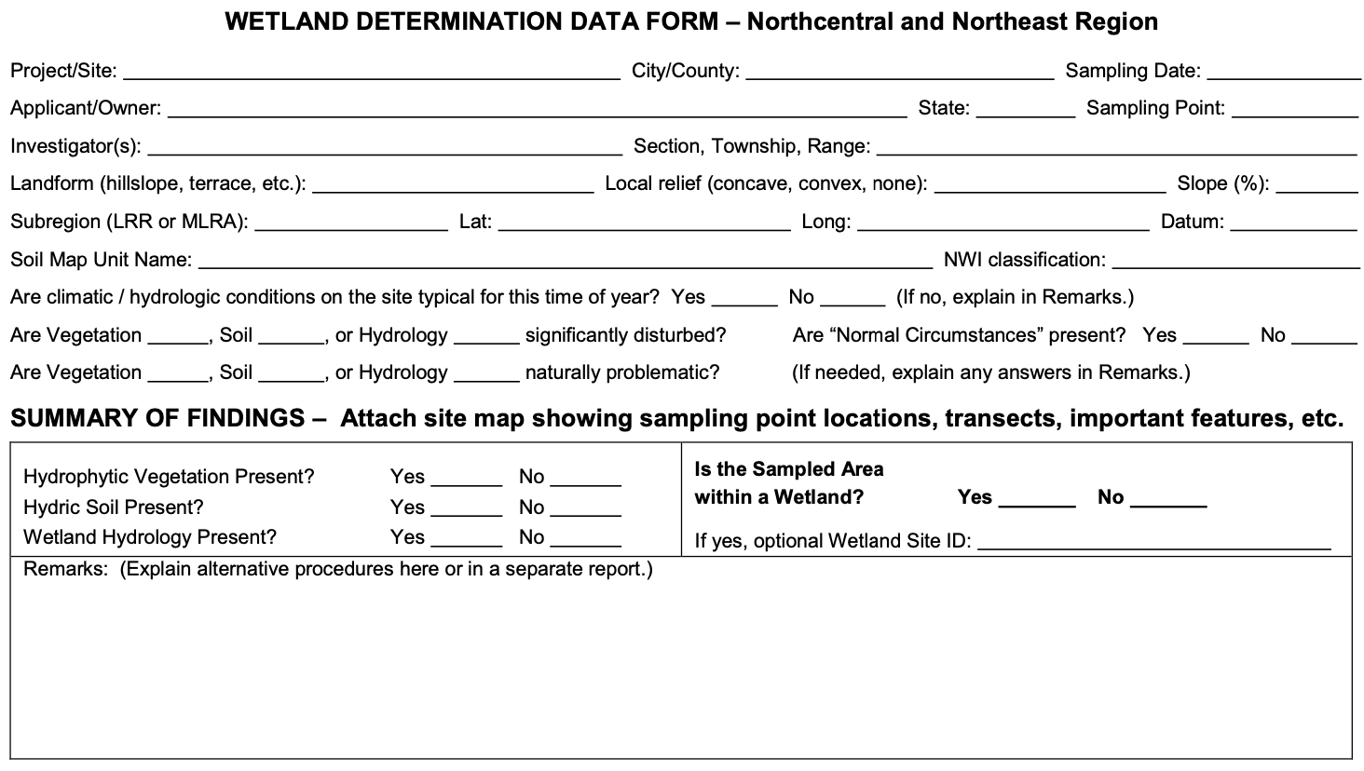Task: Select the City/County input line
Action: [x=899, y=71]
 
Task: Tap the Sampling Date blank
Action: [x=1283, y=71]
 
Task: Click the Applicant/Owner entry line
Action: [x=536, y=108]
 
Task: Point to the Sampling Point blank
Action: [x=1294, y=108]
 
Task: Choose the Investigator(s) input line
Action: [x=384, y=146]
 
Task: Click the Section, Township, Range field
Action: [x=1115, y=146]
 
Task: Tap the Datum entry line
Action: [x=1292, y=222]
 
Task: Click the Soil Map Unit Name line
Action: [x=565, y=260]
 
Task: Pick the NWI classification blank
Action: [x=1235, y=260]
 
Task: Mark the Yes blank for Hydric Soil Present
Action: [x=466, y=507]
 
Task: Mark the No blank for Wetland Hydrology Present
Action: [x=585, y=537]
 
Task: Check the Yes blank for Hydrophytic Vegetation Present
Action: [x=466, y=477]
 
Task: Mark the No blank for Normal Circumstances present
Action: [x=1323, y=335]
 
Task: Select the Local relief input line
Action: [x=1049, y=183]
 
